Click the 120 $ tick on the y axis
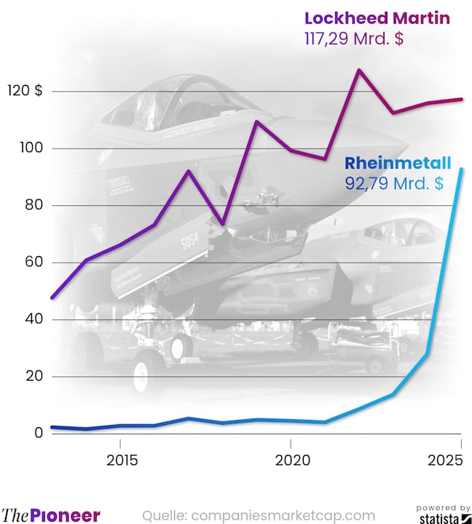pos(27,91)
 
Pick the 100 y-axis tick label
pos(31,148)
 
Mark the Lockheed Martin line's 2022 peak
pos(358,71)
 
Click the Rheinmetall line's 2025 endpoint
pos(460,170)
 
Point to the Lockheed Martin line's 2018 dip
pos(222,223)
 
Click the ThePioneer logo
pos(51,515)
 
